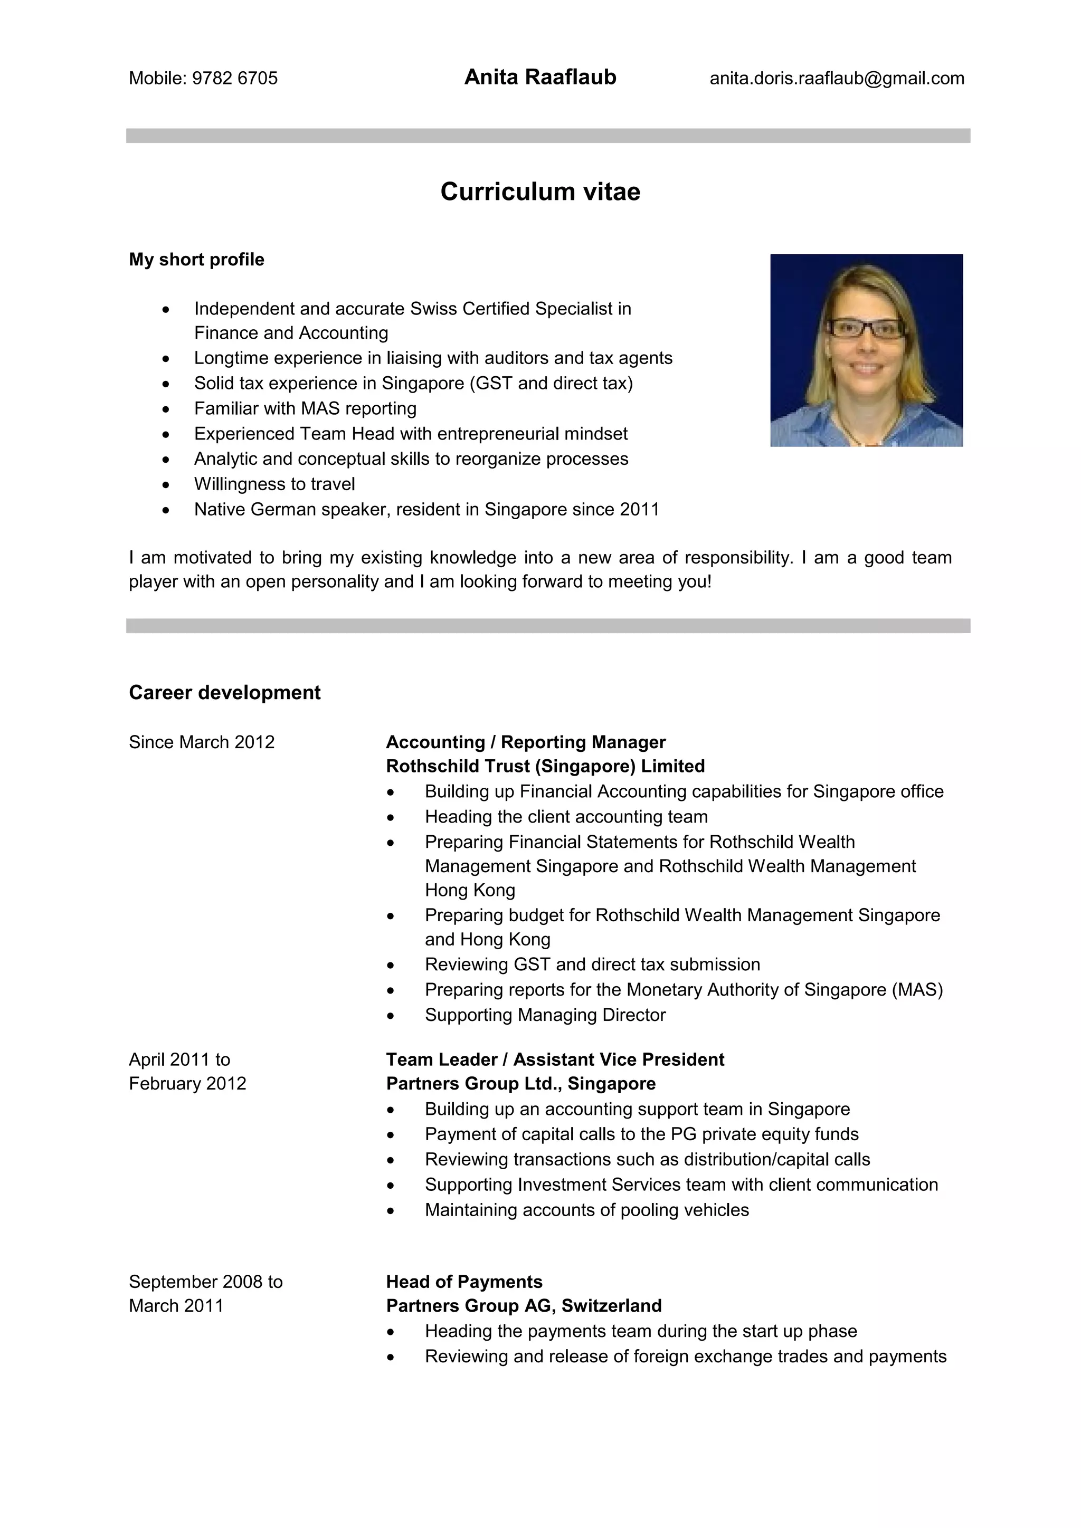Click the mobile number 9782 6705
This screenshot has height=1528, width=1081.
(234, 79)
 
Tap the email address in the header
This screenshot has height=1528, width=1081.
(836, 79)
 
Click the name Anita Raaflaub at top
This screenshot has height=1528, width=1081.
(540, 77)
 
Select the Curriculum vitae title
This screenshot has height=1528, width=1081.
(540, 192)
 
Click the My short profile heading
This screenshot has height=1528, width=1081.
(196, 260)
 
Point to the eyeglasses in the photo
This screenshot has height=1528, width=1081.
(865, 328)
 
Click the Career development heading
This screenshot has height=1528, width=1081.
(224, 693)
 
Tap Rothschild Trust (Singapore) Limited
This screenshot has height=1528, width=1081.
(545, 766)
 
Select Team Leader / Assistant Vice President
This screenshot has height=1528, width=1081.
(554, 1059)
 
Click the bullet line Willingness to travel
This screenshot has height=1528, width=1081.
(274, 484)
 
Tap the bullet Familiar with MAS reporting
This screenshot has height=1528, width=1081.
(305, 408)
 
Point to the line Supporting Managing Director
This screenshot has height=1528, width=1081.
(545, 1015)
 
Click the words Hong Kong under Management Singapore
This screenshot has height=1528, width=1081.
(470, 891)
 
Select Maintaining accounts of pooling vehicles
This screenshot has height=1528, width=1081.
(586, 1210)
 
